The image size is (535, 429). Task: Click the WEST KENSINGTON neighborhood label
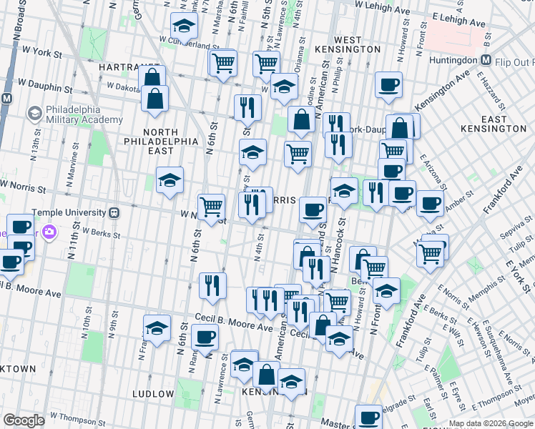coord(347,44)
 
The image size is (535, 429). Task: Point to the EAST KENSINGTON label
coord(504,123)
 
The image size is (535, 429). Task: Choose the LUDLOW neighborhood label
coord(152,394)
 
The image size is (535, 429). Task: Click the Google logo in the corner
coord(24,420)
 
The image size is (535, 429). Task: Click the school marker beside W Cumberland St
coord(184,28)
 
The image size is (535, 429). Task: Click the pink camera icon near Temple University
coord(49,231)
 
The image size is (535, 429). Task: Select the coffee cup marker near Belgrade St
coord(369,417)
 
